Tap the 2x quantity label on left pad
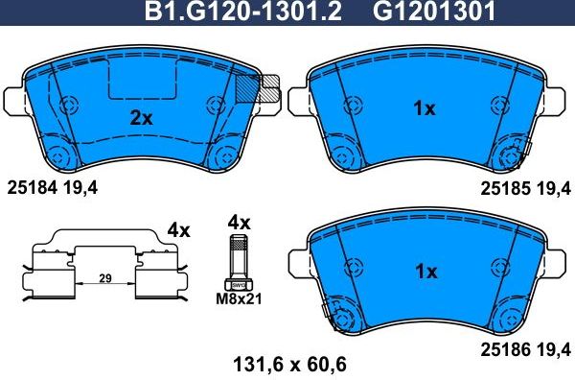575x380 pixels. coord(141,119)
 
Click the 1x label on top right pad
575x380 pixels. coord(424,109)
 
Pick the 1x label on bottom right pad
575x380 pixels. coord(424,272)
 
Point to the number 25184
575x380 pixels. coord(32,189)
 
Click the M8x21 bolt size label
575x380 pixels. coord(240,299)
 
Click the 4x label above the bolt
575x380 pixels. coord(238,223)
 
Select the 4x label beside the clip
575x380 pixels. coord(178,230)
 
